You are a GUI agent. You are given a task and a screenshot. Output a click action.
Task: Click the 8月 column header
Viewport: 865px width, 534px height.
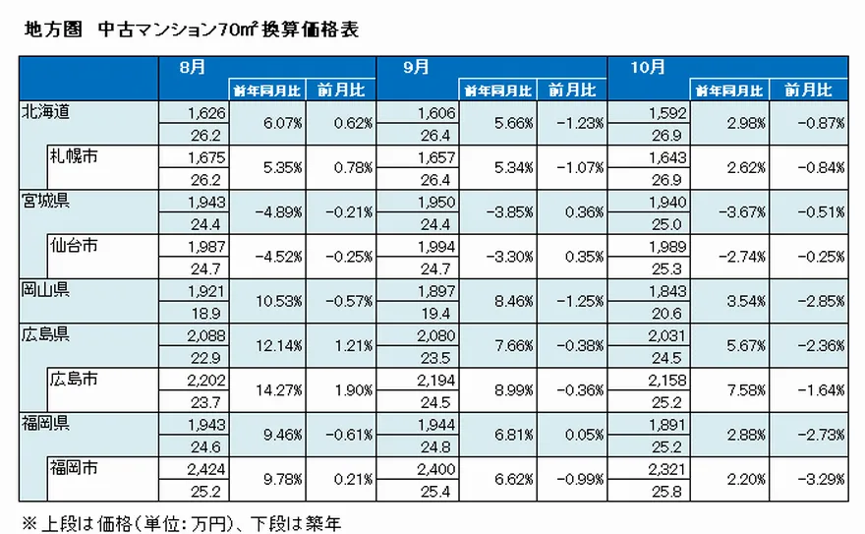click(x=193, y=67)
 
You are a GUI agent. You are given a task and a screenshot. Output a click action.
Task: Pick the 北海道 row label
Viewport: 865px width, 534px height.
click(x=47, y=112)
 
